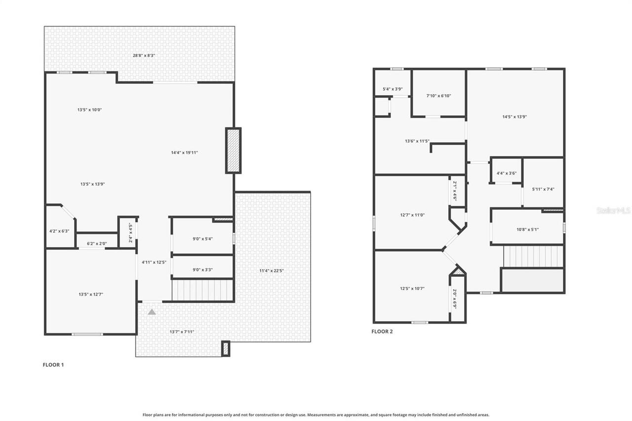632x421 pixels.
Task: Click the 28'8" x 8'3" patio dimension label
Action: coord(139,55)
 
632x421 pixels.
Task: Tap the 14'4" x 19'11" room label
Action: coord(184,153)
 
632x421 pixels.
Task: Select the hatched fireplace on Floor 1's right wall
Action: coord(233,151)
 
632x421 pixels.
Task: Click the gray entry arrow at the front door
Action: coord(152,311)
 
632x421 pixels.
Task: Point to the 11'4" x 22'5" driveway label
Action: coord(272,270)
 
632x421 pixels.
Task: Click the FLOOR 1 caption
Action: coord(53,365)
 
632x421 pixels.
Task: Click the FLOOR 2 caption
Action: coord(382,332)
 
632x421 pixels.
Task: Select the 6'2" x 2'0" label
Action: coord(97,243)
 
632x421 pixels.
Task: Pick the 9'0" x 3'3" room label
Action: coord(202,269)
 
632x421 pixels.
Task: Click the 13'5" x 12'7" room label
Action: coord(90,295)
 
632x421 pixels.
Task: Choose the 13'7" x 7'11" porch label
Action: coord(182,332)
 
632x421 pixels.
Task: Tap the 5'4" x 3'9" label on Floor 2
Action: coord(393,89)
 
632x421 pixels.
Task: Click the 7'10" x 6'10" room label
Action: coord(438,96)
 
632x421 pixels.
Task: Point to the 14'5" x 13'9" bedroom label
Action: coord(515,117)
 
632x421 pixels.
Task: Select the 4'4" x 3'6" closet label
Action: coord(506,173)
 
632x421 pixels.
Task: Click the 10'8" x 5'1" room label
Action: coord(527,229)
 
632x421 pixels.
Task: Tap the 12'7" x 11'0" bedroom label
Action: coord(412,215)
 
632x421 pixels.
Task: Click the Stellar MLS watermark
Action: coord(613,210)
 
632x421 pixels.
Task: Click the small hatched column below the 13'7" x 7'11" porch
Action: coord(226,348)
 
